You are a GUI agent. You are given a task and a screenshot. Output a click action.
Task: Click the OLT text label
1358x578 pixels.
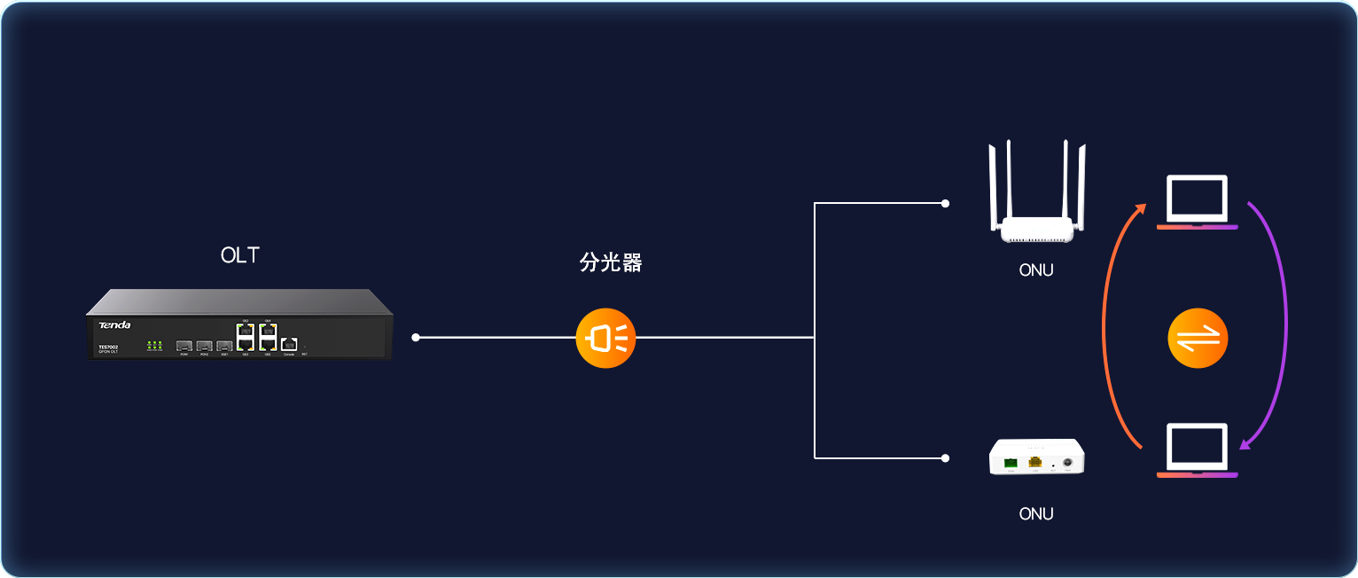239,255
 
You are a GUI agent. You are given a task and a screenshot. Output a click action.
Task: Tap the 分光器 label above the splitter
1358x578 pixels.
610,262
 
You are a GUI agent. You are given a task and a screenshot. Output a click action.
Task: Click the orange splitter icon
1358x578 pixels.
605,338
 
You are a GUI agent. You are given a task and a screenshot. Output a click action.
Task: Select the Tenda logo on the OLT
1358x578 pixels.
114,325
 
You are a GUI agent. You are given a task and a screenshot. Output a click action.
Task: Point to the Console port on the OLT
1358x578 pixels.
289,344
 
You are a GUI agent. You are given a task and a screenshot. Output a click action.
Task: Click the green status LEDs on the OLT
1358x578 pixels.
154,345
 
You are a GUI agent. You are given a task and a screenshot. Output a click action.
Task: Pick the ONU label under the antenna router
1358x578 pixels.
1035,270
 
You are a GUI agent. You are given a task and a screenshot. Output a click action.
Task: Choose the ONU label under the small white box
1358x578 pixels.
1035,513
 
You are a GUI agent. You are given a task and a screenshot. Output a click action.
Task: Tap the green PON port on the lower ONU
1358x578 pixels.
1011,462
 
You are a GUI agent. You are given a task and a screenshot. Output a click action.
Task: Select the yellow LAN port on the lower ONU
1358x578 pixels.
1034,462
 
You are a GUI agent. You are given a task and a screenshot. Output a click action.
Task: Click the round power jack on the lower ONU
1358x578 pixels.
1068,462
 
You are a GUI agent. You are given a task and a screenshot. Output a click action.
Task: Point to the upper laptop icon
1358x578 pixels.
1197,202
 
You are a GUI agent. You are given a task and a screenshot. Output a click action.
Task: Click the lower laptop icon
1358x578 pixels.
1197,450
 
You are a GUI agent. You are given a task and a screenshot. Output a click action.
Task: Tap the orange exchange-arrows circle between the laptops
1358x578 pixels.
1198,338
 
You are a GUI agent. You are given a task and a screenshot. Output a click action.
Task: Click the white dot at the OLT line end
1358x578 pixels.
416,338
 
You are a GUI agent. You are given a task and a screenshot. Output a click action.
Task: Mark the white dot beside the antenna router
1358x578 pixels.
945,203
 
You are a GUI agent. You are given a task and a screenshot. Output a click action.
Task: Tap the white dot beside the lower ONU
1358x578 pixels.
945,458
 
